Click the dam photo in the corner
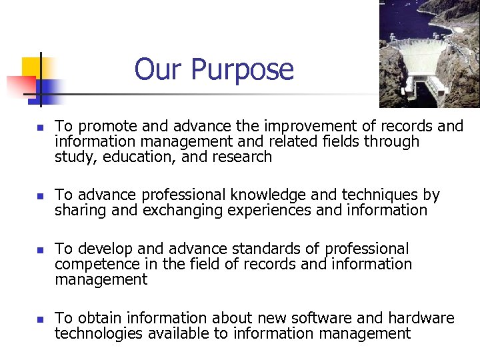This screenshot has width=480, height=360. (x=429, y=53)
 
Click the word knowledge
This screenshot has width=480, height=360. (x=266, y=195)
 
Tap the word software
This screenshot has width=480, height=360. (x=303, y=318)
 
